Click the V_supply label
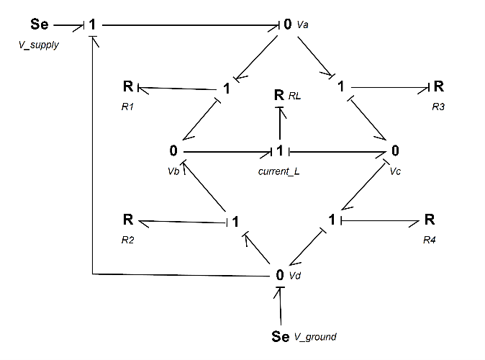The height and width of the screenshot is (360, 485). coord(37,45)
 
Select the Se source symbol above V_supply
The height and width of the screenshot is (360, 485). coord(40,24)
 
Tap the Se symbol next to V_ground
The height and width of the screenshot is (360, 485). coord(281,336)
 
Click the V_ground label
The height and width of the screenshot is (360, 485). coord(315,336)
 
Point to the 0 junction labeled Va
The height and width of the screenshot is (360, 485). coord(288,24)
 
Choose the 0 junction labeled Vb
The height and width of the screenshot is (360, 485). coord(173,151)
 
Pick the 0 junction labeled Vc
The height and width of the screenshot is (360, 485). coord(395,151)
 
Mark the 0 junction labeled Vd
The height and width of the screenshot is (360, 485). coord(280,274)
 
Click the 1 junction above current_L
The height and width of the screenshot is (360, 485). coord(280,151)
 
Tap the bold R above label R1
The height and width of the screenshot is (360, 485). coord(127,87)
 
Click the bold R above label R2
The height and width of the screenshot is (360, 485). coord(127,219)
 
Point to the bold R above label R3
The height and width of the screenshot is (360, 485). coord(438,87)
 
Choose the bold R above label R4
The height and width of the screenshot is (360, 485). coord(430,219)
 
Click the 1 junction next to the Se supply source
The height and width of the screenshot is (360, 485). coord(93,24)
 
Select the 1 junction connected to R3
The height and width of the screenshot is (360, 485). coord(340,87)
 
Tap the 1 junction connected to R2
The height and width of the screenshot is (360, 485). coord(235,221)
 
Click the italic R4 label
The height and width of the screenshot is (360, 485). coord(430,238)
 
